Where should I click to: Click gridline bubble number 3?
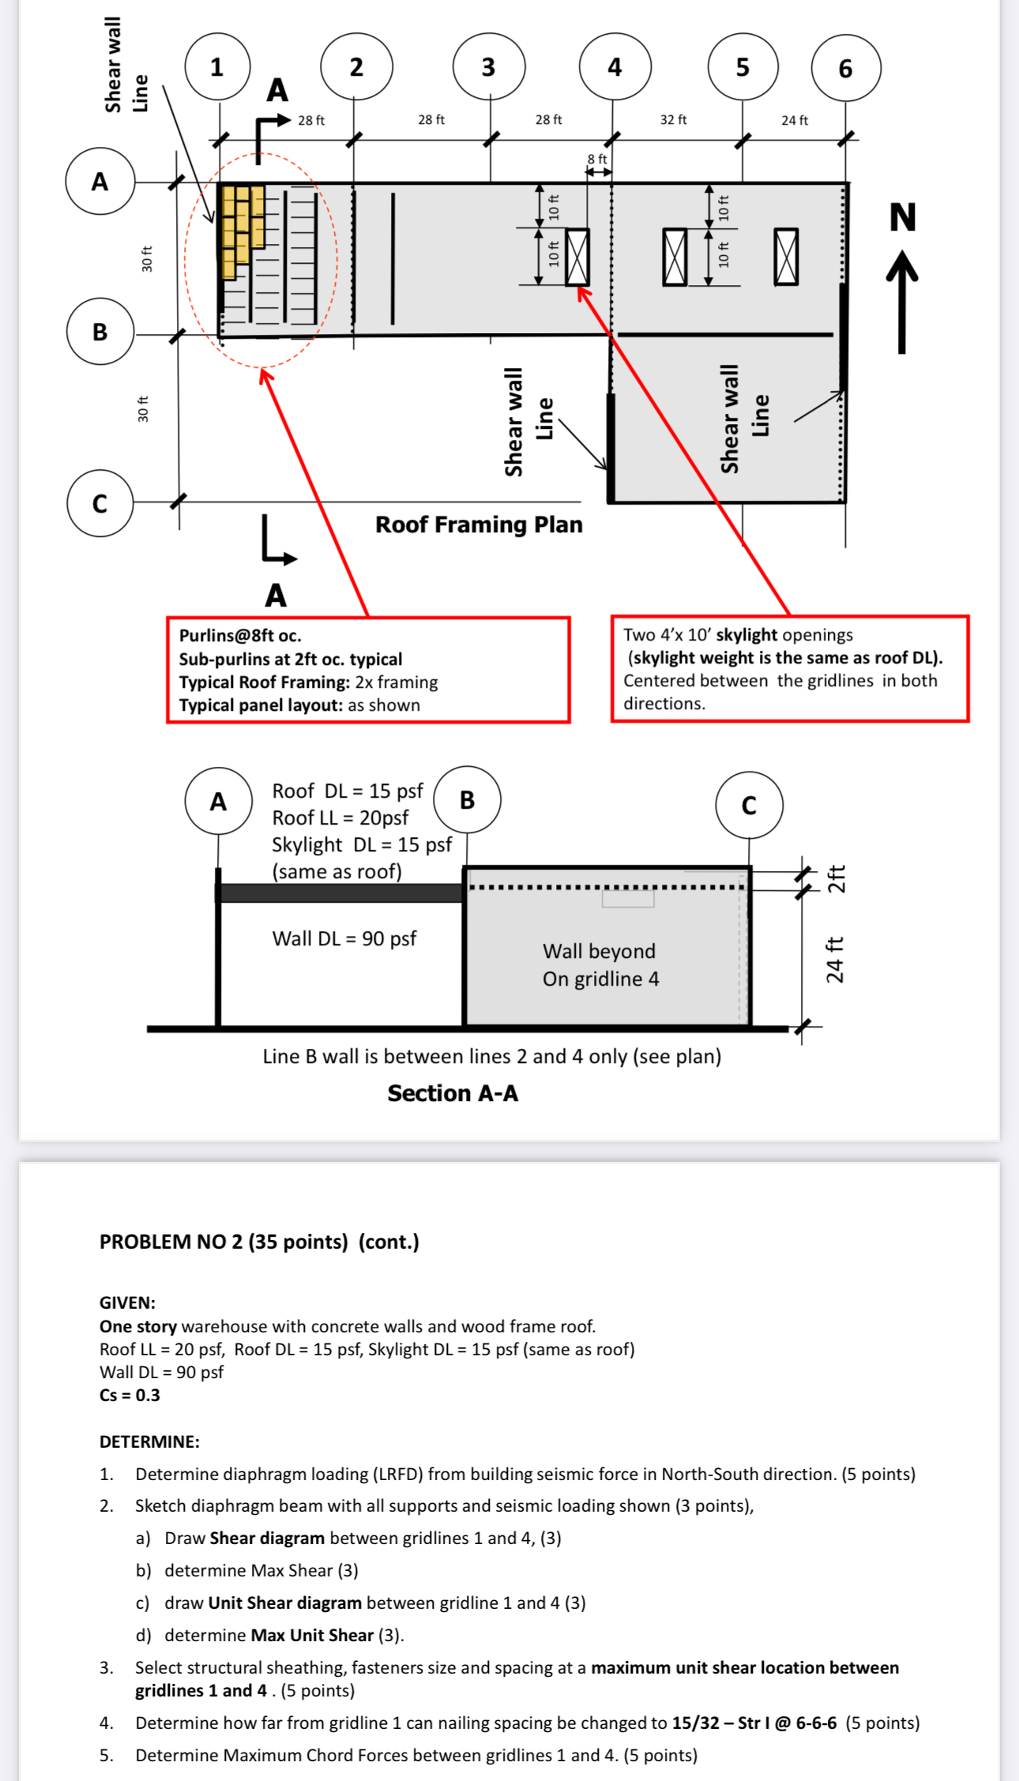tap(488, 66)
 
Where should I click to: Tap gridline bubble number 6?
tap(845, 68)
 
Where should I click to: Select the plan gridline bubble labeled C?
tap(100, 503)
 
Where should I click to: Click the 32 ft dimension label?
tap(673, 119)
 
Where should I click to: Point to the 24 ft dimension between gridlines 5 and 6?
tap(794, 120)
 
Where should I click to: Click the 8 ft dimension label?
tap(597, 159)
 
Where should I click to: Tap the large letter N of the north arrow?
tap(902, 217)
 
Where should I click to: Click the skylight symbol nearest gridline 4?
tap(577, 257)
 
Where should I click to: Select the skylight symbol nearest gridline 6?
tap(786, 257)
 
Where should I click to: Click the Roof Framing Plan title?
tap(479, 524)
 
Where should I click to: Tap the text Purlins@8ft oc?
tap(240, 636)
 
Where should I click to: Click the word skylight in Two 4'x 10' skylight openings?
tap(746, 635)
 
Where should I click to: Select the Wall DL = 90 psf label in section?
tap(344, 938)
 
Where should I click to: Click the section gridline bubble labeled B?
tap(467, 799)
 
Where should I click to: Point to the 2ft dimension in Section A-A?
tap(836, 878)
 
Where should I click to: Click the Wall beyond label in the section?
tap(599, 951)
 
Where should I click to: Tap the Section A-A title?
tap(453, 1093)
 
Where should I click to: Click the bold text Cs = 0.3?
tap(130, 1395)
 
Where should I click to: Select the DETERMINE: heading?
tap(149, 1441)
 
